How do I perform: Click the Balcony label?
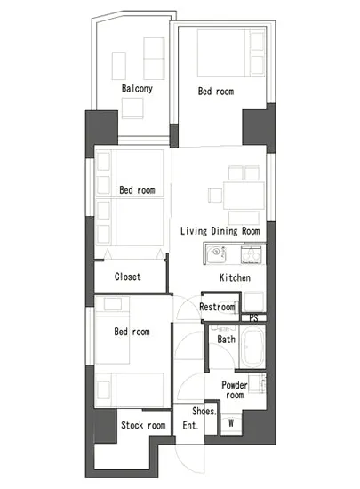point(137,89)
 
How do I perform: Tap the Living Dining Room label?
point(220,231)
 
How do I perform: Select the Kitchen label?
point(235,277)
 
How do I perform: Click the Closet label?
point(127,277)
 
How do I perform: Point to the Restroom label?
point(217,307)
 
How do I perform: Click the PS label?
point(253,317)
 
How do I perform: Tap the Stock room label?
point(143,425)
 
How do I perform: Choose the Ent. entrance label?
point(190,425)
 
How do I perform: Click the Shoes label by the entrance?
point(204,411)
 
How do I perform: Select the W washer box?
point(231,423)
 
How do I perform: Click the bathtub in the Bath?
point(252,347)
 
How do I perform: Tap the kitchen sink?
point(216,254)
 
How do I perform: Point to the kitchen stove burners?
point(251,254)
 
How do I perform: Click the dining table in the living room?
point(244,196)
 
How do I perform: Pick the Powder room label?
point(235,389)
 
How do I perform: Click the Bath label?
point(227,339)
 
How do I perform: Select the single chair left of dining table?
point(215,196)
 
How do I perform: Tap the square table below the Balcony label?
point(132,108)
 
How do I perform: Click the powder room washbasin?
point(258,383)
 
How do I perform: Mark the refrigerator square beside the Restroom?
point(254,301)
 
